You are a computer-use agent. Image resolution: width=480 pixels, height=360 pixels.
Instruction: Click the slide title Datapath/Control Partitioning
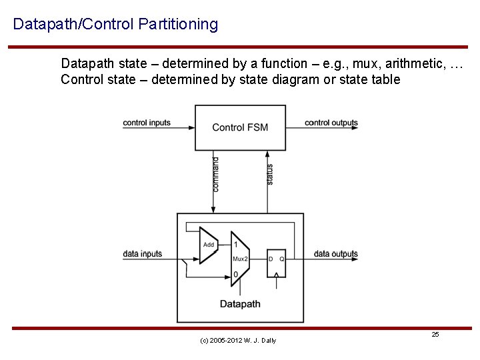pos(115,25)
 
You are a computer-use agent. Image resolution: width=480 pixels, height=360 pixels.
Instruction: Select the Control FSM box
pos(240,127)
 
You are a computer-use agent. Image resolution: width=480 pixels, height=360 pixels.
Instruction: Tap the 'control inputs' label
pos(147,123)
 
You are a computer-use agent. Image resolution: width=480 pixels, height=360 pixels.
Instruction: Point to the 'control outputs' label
pos(331,123)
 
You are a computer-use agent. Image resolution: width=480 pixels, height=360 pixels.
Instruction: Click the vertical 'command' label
pos(215,174)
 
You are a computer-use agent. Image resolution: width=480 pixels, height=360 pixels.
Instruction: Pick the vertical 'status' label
pos(269,174)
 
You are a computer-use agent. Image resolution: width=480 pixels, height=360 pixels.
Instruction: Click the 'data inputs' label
pos(143,254)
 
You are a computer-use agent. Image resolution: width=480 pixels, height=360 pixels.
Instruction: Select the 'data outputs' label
pos(336,254)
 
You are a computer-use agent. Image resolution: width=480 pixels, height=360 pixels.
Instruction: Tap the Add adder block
pos(209,245)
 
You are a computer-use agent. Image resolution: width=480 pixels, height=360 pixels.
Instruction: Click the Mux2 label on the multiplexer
pos(240,259)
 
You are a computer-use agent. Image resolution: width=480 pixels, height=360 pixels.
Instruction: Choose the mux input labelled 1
pos(236,244)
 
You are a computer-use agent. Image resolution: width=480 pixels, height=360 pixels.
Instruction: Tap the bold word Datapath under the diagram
pos(240,304)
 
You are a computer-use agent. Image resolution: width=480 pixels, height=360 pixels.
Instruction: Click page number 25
pos(435,334)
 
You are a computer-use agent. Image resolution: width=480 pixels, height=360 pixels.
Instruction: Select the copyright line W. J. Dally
pos(238,341)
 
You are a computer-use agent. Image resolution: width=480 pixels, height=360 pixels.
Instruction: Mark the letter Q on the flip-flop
pos(281,259)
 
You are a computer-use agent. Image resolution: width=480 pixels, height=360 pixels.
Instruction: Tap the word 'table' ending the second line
pos(387,80)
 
